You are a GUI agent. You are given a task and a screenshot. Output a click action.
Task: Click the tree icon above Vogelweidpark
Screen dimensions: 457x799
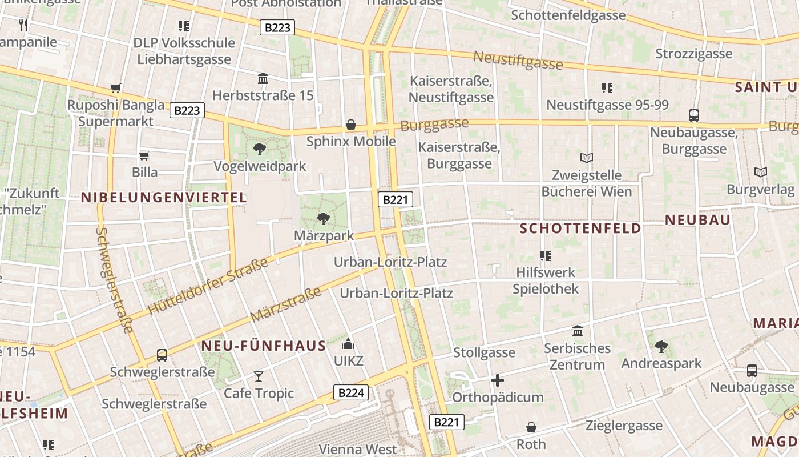point(260,150)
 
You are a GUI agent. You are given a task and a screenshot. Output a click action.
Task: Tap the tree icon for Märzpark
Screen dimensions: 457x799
point(323,218)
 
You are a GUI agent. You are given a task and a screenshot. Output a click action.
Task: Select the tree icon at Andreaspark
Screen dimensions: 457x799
point(661,346)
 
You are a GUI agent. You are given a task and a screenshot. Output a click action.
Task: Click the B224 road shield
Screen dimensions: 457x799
point(351,392)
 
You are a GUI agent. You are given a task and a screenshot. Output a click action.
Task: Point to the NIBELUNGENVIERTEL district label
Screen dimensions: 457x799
point(164,198)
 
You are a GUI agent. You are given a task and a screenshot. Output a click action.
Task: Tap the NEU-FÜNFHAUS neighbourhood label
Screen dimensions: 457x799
point(264,346)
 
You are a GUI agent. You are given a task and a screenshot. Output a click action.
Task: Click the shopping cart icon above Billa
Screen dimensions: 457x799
point(144,155)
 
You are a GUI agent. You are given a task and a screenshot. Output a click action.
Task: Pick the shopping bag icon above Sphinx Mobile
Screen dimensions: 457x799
point(351,125)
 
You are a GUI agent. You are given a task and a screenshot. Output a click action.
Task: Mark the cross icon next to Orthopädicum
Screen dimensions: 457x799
point(497,380)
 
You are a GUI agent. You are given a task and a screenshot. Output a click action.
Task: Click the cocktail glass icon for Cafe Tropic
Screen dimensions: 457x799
point(259,376)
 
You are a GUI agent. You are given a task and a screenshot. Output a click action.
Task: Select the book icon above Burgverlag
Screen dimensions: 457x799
point(760,172)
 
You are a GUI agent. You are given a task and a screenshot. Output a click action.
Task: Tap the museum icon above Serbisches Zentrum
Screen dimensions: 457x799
point(577,331)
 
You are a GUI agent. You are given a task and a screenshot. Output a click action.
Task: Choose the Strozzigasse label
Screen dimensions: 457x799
point(693,54)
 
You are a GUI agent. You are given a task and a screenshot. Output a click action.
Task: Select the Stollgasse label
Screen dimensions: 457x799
point(484,352)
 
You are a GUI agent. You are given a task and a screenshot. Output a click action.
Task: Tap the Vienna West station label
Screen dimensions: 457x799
point(358,449)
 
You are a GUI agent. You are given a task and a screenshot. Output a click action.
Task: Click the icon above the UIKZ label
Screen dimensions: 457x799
point(348,344)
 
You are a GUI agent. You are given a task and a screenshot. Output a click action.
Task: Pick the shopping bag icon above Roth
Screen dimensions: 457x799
point(531,427)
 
